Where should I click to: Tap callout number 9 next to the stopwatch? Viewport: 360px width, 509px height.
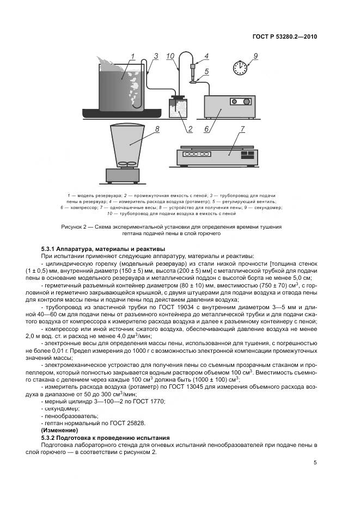[255, 56]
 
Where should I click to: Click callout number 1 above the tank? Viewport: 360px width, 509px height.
[132, 56]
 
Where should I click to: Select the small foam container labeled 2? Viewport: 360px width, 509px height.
[177, 108]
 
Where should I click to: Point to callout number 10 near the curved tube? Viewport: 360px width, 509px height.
[170, 57]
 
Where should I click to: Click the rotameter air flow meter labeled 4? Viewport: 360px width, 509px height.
[192, 70]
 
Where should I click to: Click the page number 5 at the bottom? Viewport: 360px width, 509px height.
[315, 463]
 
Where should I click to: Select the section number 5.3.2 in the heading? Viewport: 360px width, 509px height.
[51, 437]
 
